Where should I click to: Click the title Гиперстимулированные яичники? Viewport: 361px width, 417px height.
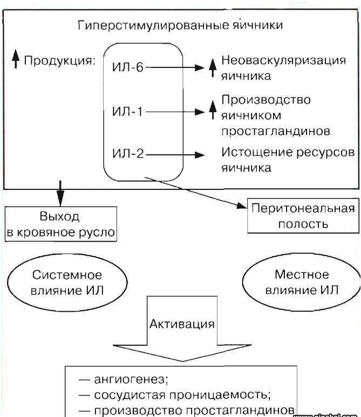click(180, 25)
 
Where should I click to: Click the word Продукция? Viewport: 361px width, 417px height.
click(59, 60)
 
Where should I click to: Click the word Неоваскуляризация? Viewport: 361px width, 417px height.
click(284, 60)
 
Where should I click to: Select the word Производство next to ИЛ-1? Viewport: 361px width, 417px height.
click(266, 101)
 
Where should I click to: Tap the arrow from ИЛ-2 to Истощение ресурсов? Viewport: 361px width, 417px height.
click(175, 155)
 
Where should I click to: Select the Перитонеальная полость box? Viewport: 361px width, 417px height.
click(302, 216)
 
